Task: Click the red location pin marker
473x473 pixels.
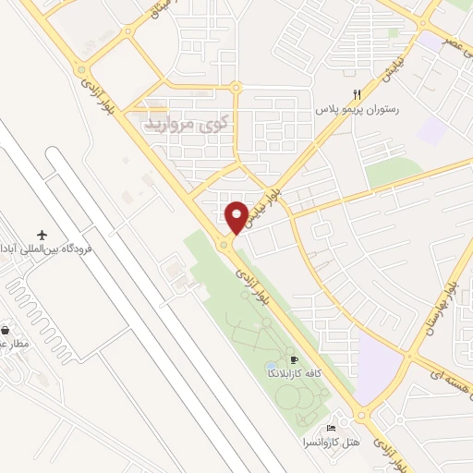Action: tap(237, 216)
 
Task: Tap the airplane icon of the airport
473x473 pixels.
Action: tap(41, 236)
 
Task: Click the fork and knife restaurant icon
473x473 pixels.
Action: tap(357, 94)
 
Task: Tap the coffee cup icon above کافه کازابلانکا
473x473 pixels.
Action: tap(294, 360)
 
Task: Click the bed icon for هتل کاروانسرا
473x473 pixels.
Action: tap(331, 429)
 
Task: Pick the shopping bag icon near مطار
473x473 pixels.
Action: tap(6, 330)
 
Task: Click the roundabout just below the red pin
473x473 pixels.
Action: tap(224, 245)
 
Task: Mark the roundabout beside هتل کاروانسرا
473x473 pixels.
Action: tap(362, 413)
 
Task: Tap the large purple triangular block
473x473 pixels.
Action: tap(376, 365)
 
